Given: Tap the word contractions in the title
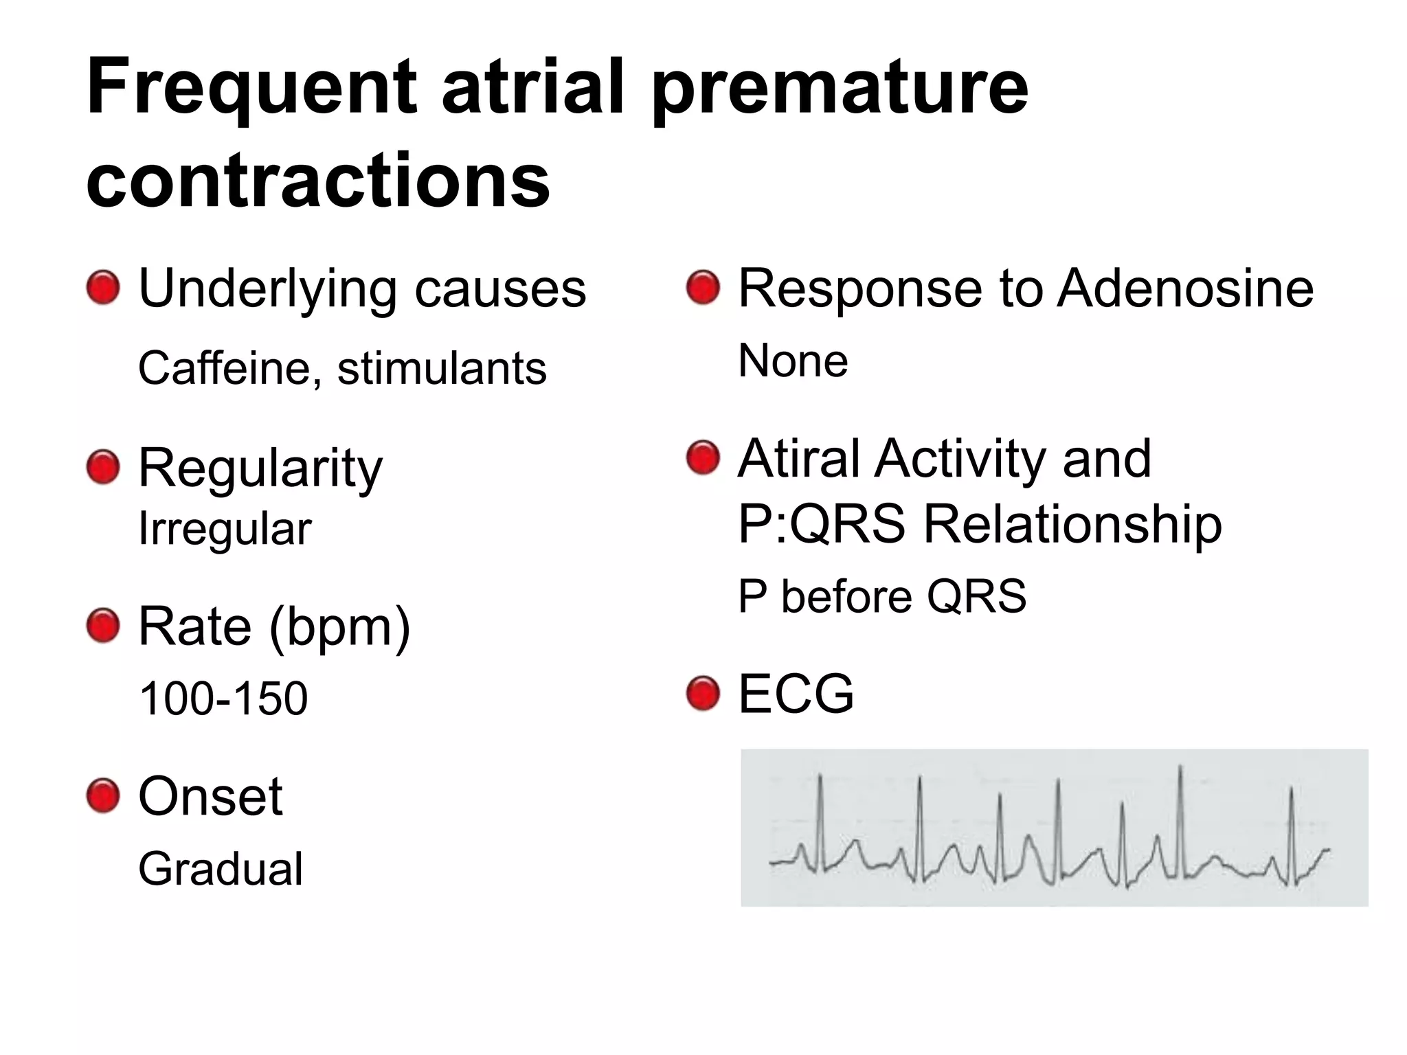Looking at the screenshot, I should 318,180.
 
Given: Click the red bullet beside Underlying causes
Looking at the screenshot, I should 103,287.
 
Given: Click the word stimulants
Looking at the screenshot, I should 442,368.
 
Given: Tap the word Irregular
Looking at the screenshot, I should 225,529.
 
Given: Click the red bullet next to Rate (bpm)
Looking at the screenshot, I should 103,626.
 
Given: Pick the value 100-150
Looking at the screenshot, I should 223,699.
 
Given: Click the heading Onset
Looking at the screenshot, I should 210,796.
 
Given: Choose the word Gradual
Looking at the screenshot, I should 221,869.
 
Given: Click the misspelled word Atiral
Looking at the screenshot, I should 799,458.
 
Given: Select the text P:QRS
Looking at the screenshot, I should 822,523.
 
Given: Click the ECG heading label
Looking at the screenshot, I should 796,694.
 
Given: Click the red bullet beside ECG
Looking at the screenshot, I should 703,694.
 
